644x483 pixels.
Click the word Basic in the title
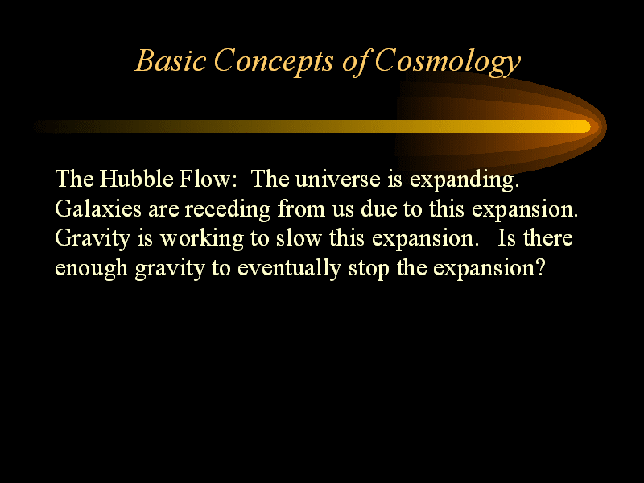pos(171,60)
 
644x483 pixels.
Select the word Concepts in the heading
pos(273,63)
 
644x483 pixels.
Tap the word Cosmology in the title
pos(448,63)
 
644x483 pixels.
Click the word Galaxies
pos(98,208)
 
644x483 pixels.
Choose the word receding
pos(228,210)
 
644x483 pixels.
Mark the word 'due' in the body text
pos(379,208)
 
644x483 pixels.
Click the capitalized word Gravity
pos(93,239)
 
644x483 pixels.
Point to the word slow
pos(299,237)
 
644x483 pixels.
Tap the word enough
pos(92,269)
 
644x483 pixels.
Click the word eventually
pos(289,269)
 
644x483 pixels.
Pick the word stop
pos(369,270)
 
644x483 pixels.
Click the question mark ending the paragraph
pos(539,267)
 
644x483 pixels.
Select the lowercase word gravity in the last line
pos(170,270)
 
